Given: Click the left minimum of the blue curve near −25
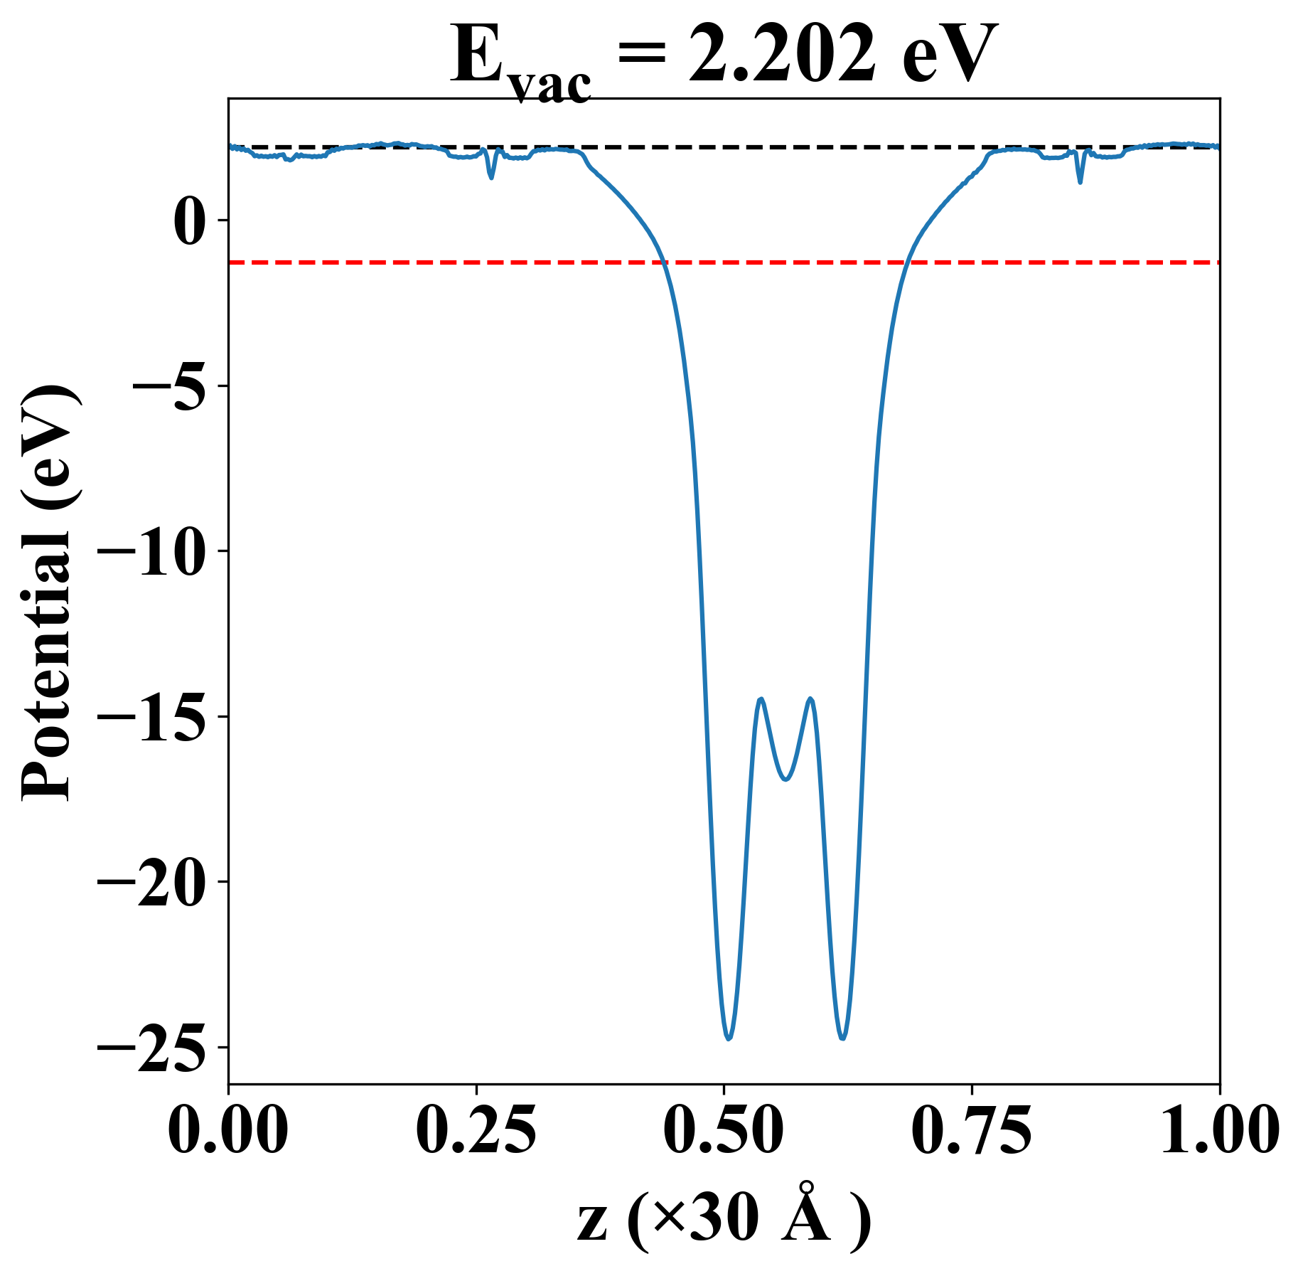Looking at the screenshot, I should [729, 1039].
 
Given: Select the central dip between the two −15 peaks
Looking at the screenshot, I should [785, 780].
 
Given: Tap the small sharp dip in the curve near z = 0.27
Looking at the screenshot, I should [491, 177].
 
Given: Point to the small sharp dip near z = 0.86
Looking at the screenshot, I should [1081, 182].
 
